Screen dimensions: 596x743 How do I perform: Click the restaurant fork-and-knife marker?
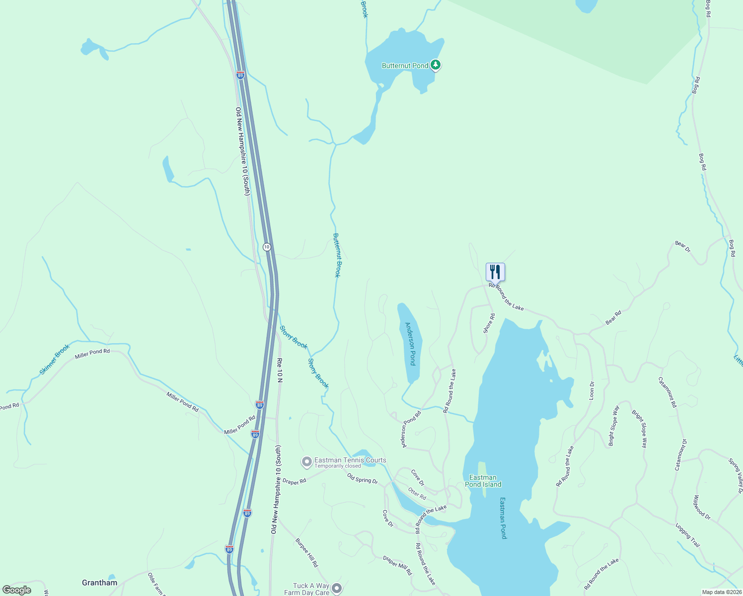495,272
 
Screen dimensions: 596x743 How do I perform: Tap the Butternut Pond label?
405,66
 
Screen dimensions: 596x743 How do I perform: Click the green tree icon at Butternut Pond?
436,65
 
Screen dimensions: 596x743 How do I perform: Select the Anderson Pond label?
410,344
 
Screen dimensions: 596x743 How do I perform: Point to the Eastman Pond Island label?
483,481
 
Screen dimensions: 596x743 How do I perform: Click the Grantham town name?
99,583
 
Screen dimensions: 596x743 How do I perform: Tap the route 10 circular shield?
267,247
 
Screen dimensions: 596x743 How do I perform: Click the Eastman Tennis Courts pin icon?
306,462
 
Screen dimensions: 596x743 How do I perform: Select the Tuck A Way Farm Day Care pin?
337,589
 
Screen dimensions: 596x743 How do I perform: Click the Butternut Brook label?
337,255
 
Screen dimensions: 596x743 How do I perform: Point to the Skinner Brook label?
55,359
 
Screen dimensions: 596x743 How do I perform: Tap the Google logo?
16,590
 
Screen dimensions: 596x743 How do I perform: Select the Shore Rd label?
489,323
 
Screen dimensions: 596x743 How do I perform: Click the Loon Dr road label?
592,390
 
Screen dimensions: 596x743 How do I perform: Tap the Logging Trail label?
688,535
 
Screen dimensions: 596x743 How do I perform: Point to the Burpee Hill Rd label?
306,552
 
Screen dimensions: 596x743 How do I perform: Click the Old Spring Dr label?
362,478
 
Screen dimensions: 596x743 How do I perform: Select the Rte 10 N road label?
280,370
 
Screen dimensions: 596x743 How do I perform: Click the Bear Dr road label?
682,246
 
